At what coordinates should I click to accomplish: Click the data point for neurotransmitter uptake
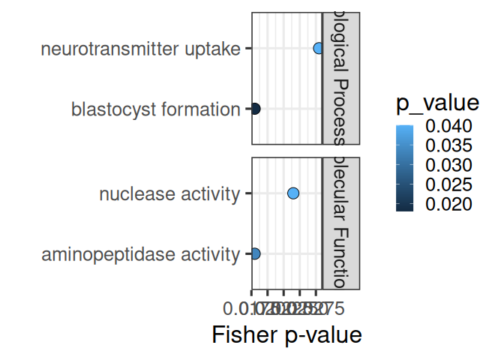[x=318, y=49]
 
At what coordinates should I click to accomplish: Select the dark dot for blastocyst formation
[x=254, y=109]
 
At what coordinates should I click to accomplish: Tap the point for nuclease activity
[x=293, y=193]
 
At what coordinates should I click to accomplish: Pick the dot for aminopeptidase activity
[x=254, y=254]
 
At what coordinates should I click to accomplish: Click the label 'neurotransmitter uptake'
[x=141, y=49]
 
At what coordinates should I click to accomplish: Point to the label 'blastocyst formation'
[x=155, y=109]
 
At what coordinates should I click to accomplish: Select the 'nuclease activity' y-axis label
[x=169, y=194]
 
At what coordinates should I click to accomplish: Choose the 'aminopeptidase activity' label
[x=140, y=255]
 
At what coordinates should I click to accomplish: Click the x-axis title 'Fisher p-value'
[x=287, y=334]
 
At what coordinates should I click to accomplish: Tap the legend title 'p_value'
[x=438, y=102]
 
